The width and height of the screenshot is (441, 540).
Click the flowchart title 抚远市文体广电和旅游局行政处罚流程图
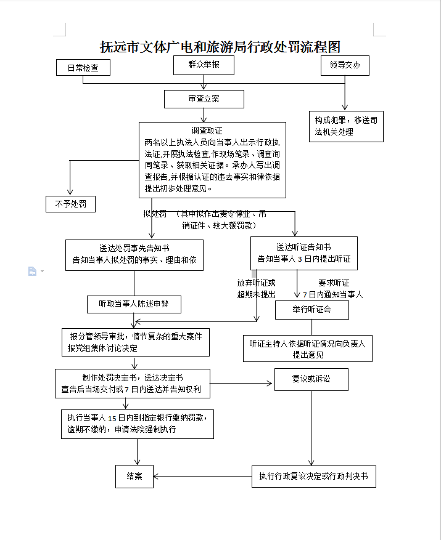click(220, 47)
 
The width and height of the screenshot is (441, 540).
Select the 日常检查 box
click(83, 68)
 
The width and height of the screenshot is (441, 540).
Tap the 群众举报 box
click(204, 65)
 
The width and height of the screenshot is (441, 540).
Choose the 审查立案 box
click(204, 99)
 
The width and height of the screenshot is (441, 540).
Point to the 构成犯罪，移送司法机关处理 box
click(345, 126)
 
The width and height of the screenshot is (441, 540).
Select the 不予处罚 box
click(70, 204)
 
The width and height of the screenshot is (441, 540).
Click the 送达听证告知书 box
click(303, 253)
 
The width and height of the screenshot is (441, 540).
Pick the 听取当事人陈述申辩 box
click(134, 304)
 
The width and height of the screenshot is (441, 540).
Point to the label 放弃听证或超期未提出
click(257, 288)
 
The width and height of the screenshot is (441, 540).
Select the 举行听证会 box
click(311, 310)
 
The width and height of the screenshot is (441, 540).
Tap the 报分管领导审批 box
click(136, 342)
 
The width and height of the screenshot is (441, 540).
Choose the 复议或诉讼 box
click(311, 379)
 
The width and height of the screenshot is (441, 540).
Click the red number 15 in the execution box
click(112, 418)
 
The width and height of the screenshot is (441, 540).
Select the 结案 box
click(134, 476)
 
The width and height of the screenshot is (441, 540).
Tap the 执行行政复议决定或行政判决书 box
click(313, 476)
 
